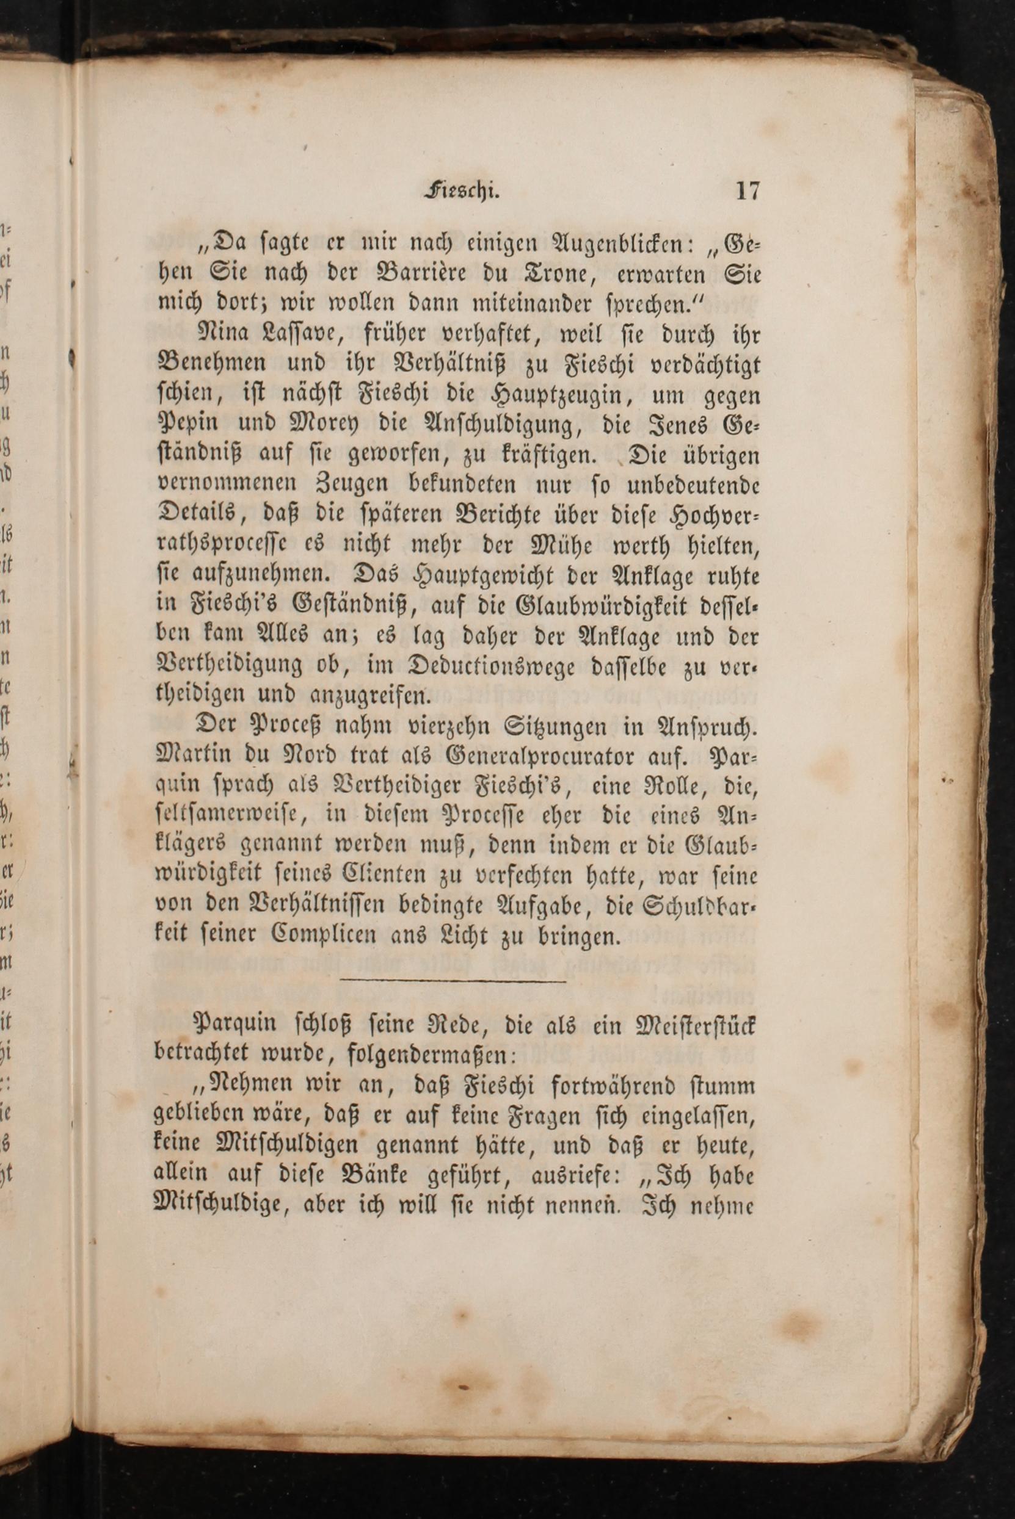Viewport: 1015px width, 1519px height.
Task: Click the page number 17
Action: [x=747, y=192]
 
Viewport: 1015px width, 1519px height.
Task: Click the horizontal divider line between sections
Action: [x=453, y=983]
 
